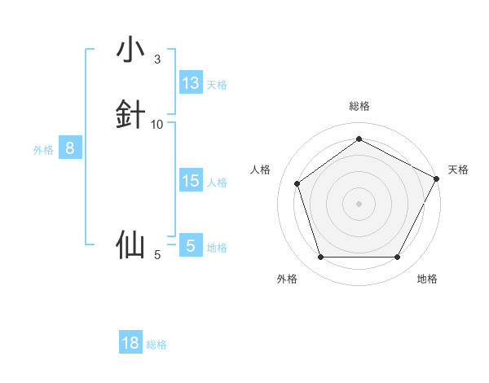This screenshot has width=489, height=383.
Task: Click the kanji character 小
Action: coord(130,50)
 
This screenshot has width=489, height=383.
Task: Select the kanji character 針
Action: coord(130,115)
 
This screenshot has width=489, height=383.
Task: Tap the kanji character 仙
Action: coord(130,244)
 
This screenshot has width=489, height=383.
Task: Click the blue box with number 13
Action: coord(191,83)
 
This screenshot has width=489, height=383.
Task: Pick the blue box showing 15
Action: coord(191,181)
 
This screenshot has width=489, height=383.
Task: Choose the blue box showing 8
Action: coord(70,148)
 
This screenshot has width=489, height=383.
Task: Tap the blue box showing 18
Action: coord(130,343)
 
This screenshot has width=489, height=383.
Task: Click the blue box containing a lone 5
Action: coord(191,245)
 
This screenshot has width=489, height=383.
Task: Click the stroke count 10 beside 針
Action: coord(157,125)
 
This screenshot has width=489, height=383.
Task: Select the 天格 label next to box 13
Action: coord(217,85)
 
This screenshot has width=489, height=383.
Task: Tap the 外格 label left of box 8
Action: coord(43,150)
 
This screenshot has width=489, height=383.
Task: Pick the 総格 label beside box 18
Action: coord(156,345)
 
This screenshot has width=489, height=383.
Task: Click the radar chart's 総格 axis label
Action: coord(359,106)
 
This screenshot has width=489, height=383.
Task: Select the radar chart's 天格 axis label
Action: coord(458,169)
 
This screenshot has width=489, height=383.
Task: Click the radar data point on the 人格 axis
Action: coord(297,183)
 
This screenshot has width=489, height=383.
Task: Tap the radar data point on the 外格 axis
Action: coord(320,258)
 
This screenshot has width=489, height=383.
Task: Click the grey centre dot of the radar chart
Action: coord(359,204)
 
